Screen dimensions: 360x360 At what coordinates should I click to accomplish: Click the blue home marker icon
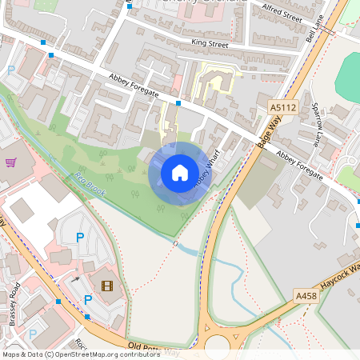click(x=180, y=172)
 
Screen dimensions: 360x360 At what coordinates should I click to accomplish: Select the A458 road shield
click(x=306, y=296)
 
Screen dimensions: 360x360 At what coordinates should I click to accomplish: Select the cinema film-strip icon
click(x=107, y=284)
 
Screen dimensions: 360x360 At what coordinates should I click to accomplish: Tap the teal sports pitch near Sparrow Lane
click(x=347, y=76)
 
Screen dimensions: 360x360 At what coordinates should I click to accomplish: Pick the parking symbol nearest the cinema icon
click(x=88, y=299)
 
